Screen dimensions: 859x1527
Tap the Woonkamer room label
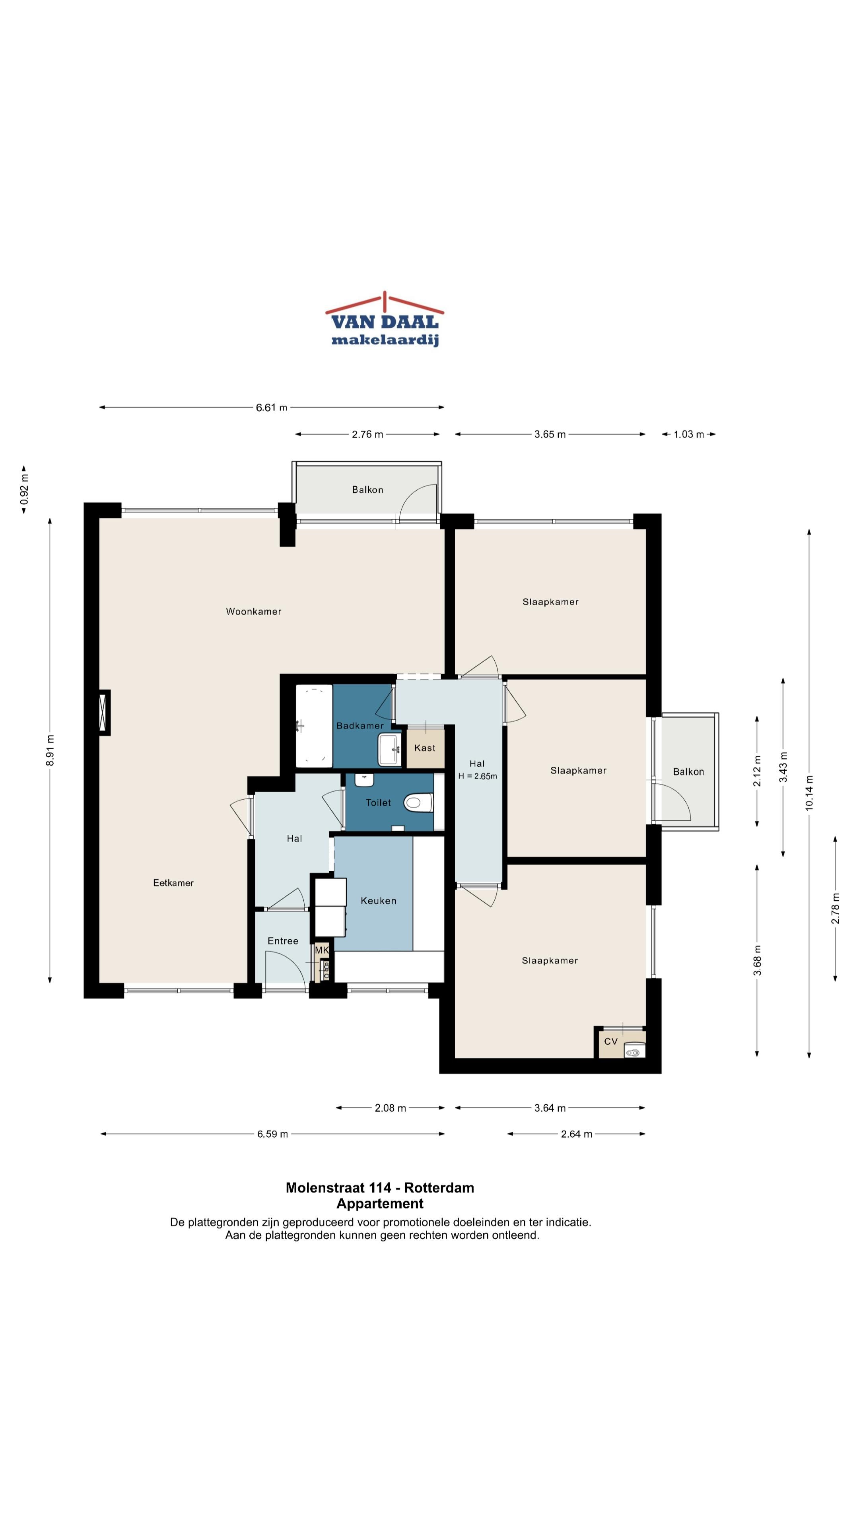(x=253, y=611)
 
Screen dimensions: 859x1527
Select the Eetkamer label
(x=173, y=883)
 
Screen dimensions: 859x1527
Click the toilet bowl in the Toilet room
(x=418, y=803)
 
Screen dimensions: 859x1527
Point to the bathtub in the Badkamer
(x=314, y=726)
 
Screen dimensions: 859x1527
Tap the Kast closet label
(x=424, y=748)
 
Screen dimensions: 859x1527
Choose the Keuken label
(x=378, y=900)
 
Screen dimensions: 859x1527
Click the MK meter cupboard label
(x=322, y=950)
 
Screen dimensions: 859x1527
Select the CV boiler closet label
(x=610, y=1041)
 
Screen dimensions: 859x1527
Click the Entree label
(x=283, y=941)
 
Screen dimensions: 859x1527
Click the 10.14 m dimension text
(x=809, y=793)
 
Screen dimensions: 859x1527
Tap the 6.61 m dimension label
(x=272, y=407)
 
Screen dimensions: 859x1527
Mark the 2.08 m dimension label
(x=390, y=1108)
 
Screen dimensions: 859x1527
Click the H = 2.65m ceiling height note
(x=477, y=776)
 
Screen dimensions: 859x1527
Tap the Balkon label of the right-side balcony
(x=688, y=772)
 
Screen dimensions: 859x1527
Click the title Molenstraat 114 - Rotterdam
(x=380, y=1188)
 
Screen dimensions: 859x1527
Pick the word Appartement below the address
(x=380, y=1204)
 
